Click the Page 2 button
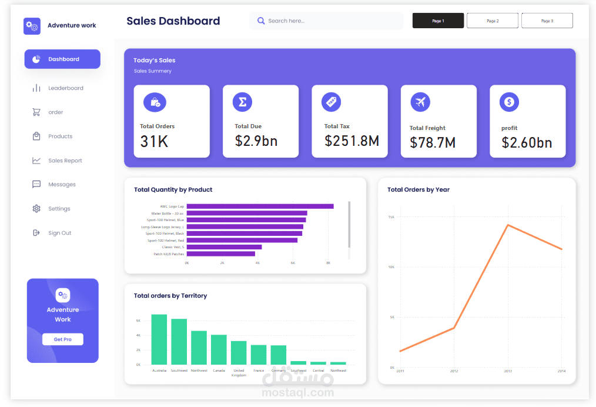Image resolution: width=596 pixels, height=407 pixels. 493,21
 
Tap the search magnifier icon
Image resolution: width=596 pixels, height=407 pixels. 261,21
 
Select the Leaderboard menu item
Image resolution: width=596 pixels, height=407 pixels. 65,88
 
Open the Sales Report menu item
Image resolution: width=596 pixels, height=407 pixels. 65,161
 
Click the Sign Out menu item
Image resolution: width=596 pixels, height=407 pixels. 59,233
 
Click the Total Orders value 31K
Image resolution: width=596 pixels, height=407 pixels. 155,142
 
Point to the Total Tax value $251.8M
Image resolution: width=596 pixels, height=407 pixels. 351,141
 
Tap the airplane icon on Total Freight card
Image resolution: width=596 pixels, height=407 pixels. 420,102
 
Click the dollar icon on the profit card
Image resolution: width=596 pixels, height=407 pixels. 509,102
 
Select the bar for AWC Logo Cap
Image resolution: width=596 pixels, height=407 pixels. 260,206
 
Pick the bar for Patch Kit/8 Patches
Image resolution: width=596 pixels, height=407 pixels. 221,254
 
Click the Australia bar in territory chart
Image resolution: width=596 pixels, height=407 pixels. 159,339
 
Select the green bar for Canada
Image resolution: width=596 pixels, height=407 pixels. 219,349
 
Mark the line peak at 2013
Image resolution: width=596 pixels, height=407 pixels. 508,225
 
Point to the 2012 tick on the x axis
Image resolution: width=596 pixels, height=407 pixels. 454,371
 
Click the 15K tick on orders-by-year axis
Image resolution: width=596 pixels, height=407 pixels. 391,217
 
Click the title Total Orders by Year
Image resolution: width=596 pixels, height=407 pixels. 418,189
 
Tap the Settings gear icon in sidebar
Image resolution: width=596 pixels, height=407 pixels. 36,209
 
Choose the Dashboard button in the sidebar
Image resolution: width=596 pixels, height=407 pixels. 62,59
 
